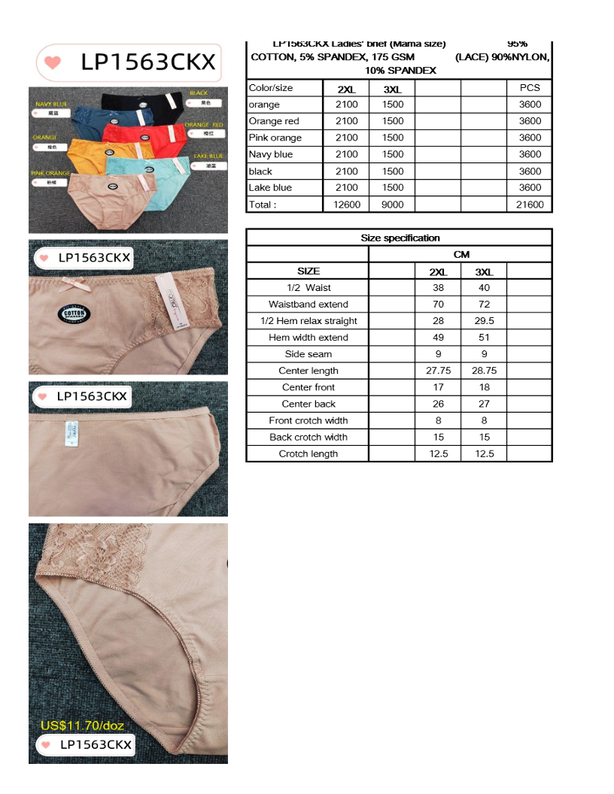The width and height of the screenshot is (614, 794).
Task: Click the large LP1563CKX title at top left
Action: pos(147,62)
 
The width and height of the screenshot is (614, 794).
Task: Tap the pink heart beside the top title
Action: pos(53,62)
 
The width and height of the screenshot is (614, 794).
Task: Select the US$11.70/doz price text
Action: pos(82,726)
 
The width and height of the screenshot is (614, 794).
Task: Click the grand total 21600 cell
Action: pos(530,205)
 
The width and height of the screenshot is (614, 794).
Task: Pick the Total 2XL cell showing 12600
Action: pos(346,205)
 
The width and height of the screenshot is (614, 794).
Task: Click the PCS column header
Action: pos(530,88)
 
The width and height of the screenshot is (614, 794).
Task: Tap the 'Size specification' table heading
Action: pos(400,238)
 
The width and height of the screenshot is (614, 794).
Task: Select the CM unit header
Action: pos(461,254)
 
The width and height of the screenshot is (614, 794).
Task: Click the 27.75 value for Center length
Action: pos(438,371)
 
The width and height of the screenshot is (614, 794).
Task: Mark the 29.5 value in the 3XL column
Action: pos(484,321)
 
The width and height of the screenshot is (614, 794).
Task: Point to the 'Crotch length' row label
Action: pos(308,453)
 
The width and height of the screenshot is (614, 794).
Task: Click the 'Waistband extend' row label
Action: pos(308,305)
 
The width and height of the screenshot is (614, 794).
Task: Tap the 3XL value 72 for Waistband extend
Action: pos(484,305)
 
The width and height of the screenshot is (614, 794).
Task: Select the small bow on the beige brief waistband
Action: pos(72,284)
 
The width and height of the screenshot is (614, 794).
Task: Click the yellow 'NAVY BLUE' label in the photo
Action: pos(52,103)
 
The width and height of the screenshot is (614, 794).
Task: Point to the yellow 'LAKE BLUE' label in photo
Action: pos(208,156)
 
